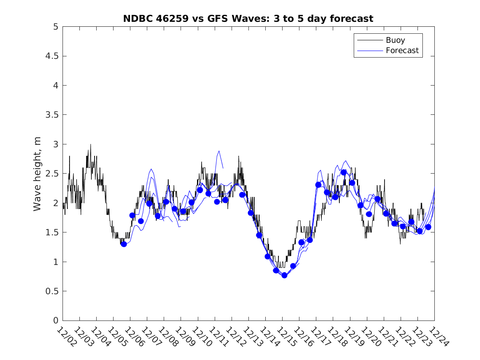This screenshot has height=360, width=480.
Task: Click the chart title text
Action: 248,19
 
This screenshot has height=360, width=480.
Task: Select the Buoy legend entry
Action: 395,40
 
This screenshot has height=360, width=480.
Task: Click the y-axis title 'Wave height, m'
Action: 37,174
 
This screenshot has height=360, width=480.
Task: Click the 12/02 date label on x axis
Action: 66,336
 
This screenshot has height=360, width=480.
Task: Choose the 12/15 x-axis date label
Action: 285,336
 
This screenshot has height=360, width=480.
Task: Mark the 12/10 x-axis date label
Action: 201,336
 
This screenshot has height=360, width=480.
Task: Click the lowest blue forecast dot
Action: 284,275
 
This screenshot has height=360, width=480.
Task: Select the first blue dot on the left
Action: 124,244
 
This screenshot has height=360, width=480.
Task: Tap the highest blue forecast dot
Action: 343,172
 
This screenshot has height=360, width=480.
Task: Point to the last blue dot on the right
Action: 428,227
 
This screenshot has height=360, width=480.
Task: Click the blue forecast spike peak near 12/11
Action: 219,151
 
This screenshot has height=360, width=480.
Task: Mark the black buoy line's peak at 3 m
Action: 90,144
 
